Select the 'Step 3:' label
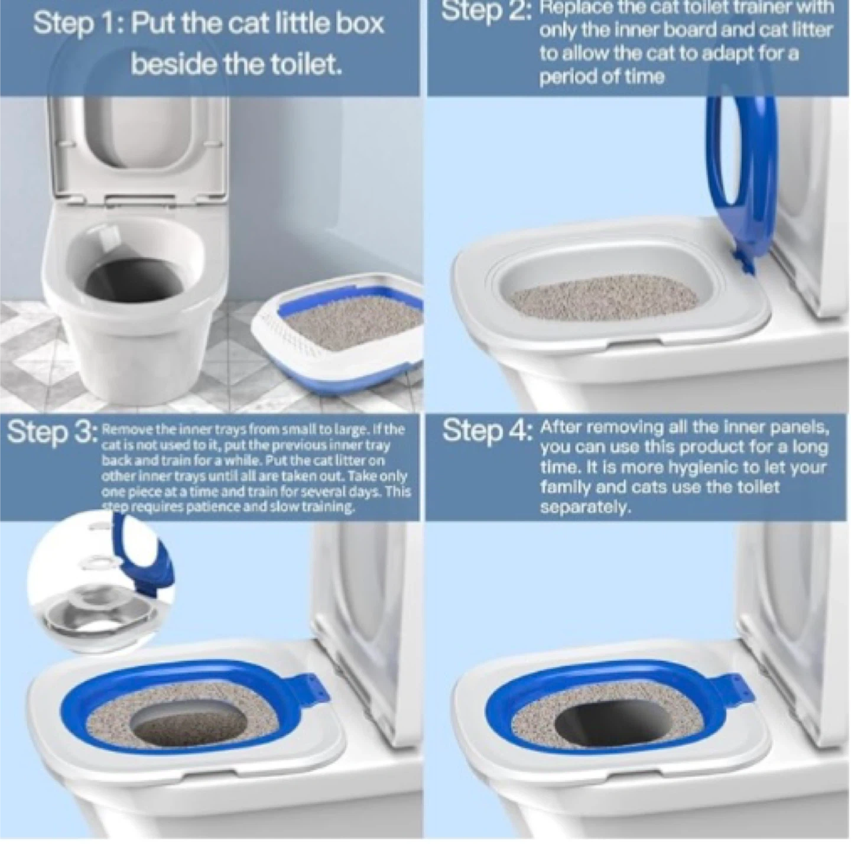(x=51, y=431)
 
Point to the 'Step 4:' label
(x=486, y=430)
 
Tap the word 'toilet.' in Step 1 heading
(x=305, y=64)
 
